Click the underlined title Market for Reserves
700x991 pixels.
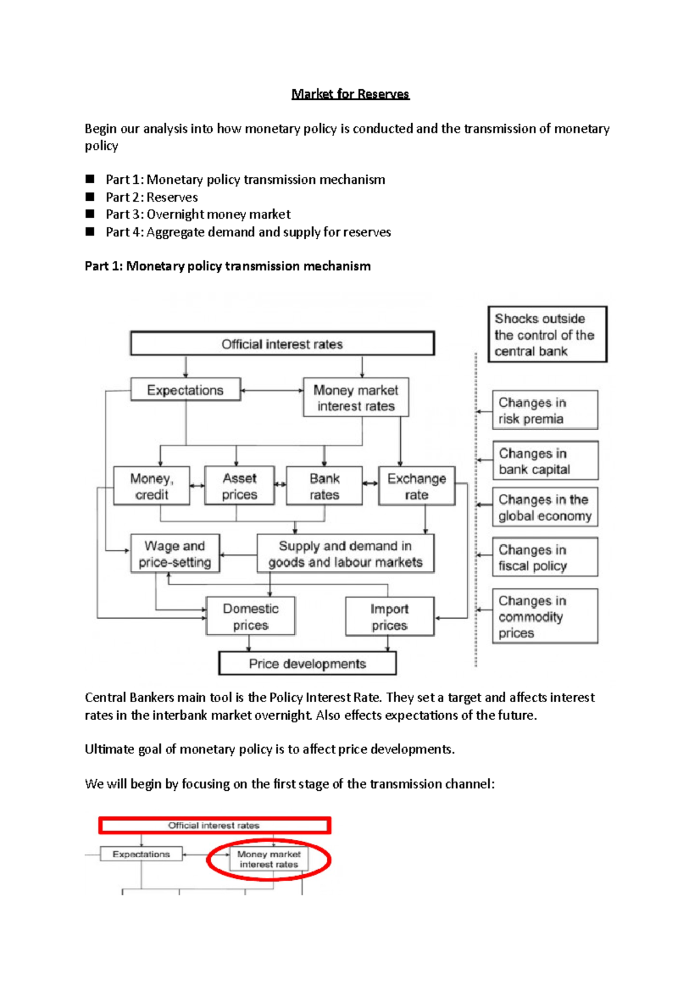tap(350, 94)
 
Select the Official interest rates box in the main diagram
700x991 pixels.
tap(282, 344)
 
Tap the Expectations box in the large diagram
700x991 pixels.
tap(185, 390)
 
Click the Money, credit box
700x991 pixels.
tap(152, 486)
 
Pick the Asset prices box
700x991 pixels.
tap(239, 486)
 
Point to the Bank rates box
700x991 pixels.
tap(324, 486)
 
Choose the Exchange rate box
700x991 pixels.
tap(416, 486)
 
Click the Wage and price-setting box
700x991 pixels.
tap(174, 554)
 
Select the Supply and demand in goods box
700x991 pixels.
tap(345, 554)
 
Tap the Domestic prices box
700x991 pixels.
tap(251, 616)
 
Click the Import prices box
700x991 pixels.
tap(389, 617)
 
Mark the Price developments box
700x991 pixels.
tap(307, 664)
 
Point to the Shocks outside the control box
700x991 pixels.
tap(547, 334)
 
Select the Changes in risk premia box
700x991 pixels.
tap(544, 410)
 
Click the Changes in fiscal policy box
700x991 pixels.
tap(544, 557)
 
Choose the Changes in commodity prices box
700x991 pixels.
tap(544, 616)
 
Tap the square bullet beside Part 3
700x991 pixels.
tap(90, 214)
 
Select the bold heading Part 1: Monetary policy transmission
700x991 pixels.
tap(228, 266)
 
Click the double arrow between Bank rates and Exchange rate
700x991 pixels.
tap(370, 484)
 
